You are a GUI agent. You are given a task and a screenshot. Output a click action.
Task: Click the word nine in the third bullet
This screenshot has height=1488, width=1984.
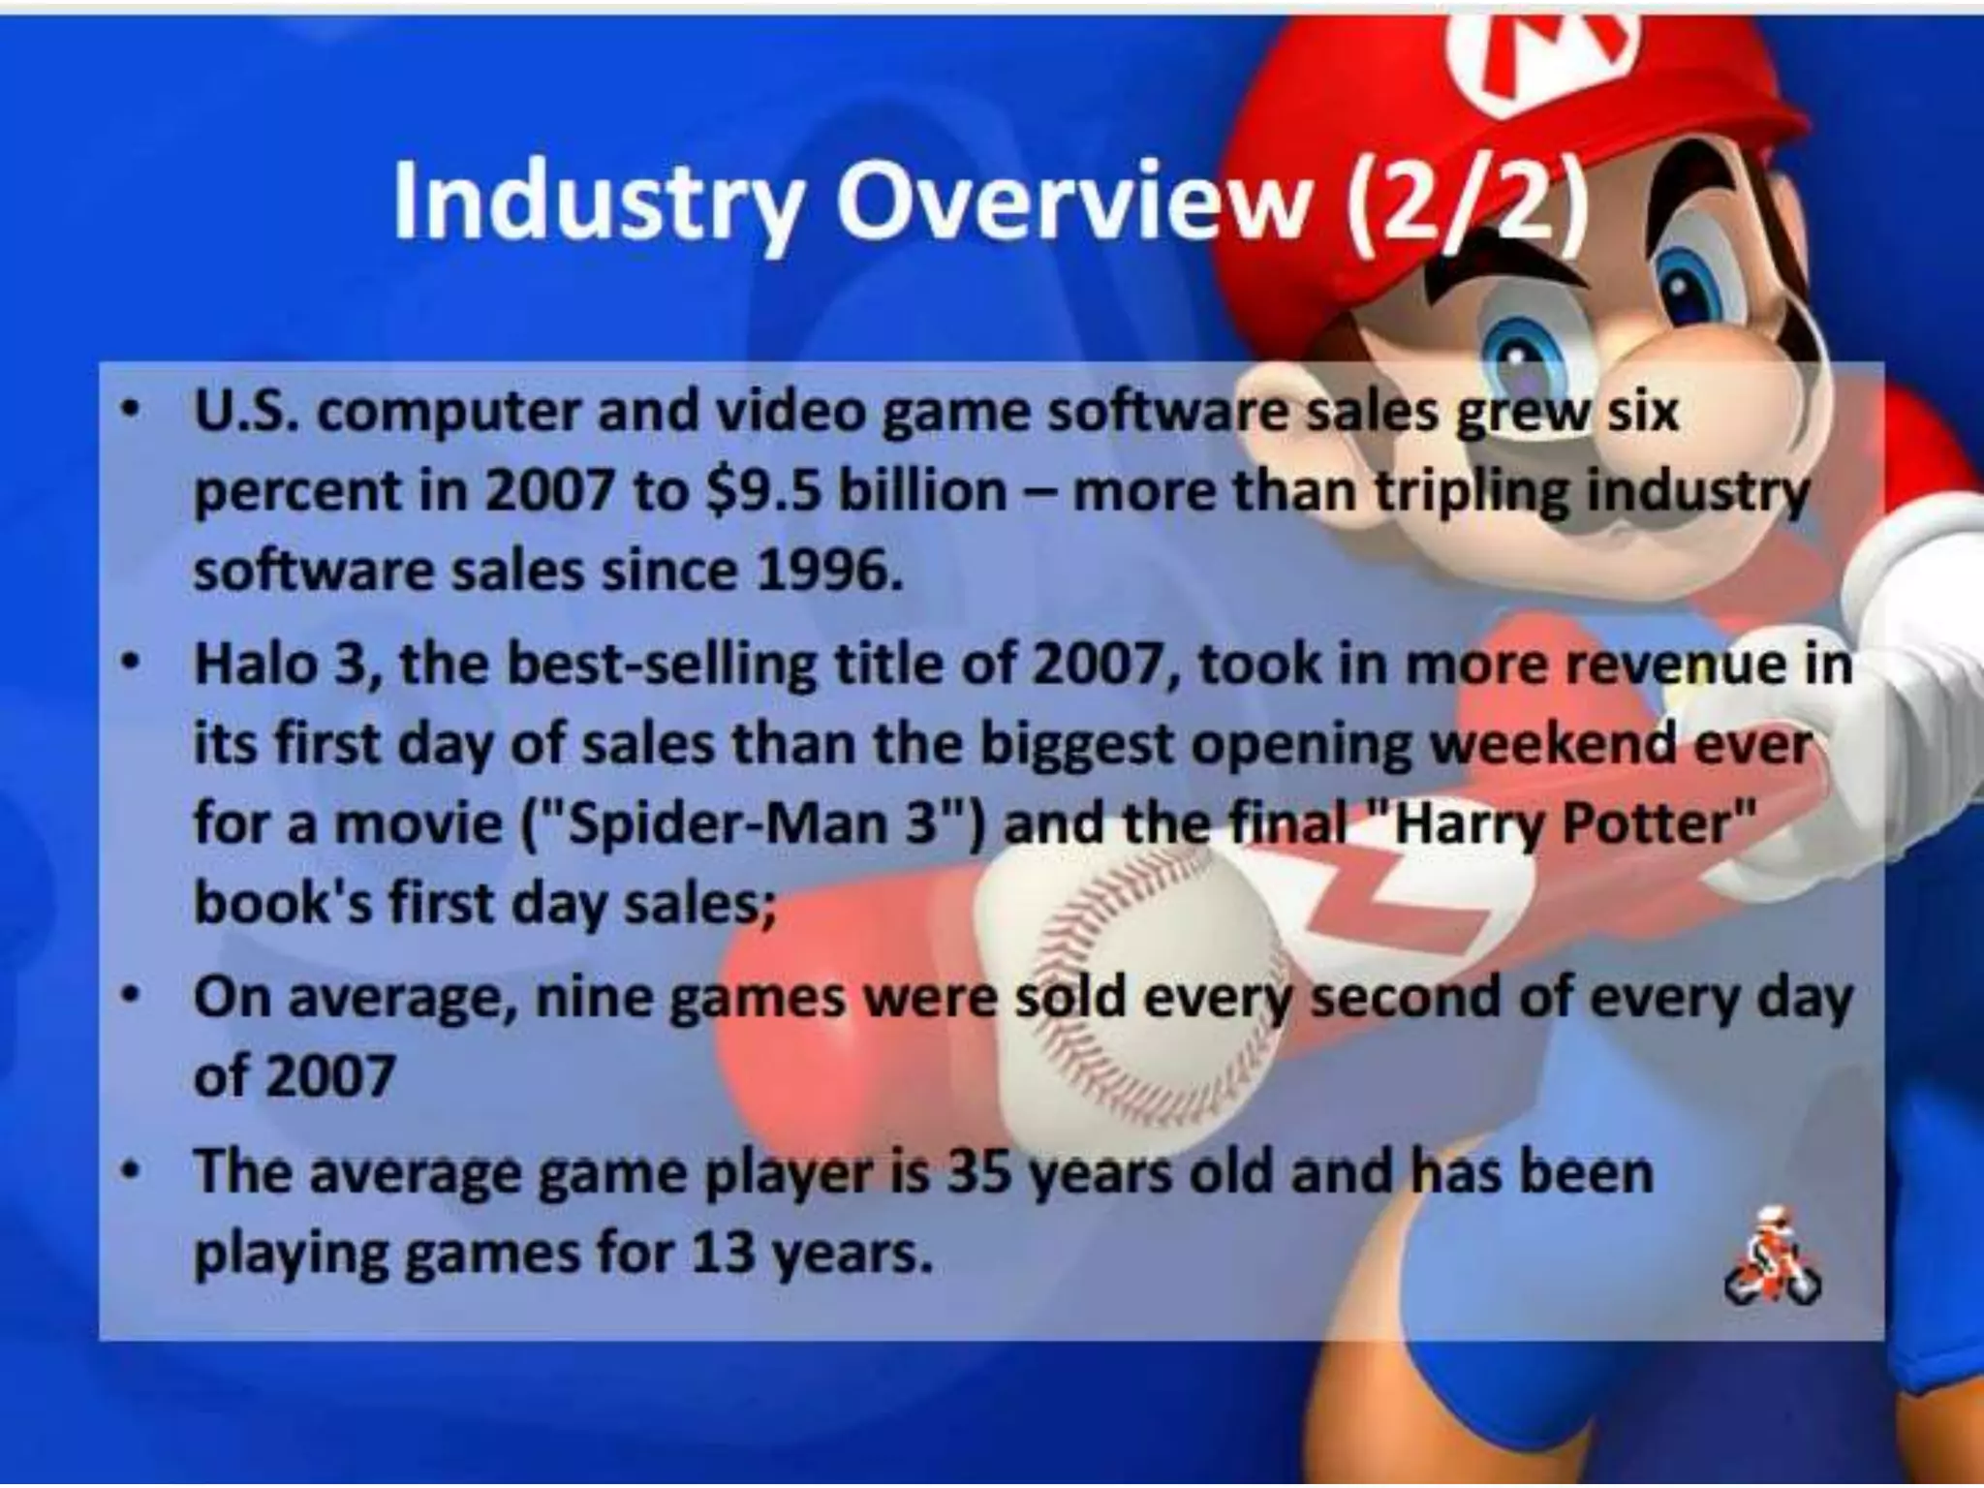pos(591,999)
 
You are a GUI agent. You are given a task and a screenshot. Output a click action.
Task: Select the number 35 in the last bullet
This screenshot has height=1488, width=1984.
pos(979,1173)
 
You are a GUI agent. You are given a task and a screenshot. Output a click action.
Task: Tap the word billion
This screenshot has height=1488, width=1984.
pos(921,491)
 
